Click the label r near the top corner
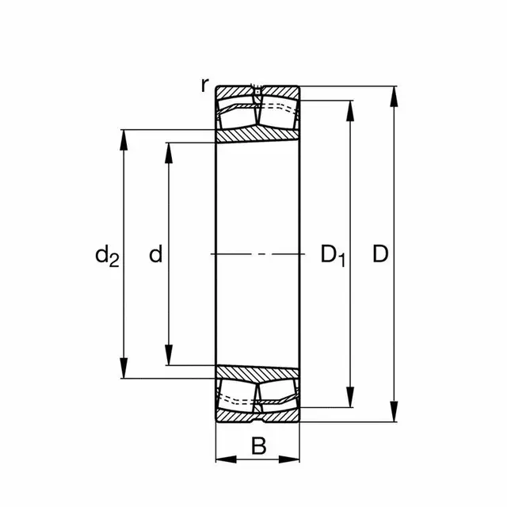coord(205,85)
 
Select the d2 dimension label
coord(106,255)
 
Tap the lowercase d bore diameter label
coord(156,254)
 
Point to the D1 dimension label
coord(333,255)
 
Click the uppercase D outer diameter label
coord(380,254)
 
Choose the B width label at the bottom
coord(258,447)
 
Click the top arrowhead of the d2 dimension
coord(124,137)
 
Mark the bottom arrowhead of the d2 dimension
coord(124,370)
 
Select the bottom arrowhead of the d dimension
coord(168,357)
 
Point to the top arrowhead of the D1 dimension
coord(349,109)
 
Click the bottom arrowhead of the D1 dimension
coord(349,399)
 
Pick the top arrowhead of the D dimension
coord(394,94)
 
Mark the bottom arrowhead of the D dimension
coord(394,414)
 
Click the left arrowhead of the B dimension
coord(224,459)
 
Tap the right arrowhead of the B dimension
coord(292,459)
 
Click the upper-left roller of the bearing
coord(237,115)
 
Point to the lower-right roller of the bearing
coord(280,394)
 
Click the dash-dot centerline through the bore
coord(258,254)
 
